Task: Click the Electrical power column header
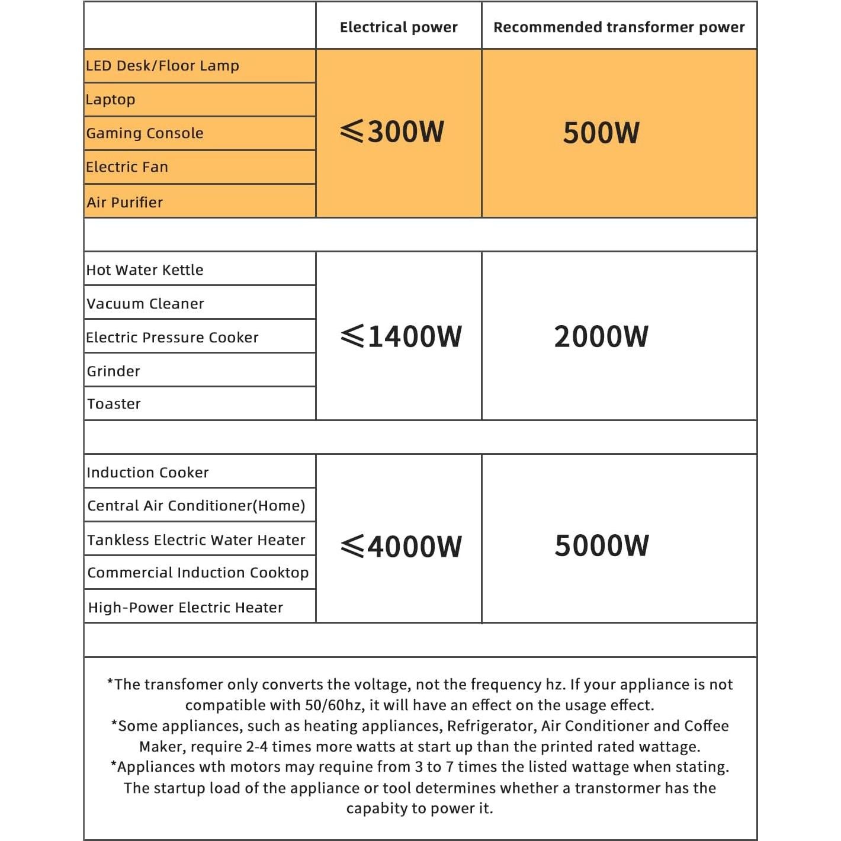coord(399,27)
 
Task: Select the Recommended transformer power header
coord(619,27)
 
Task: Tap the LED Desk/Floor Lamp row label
coord(162,66)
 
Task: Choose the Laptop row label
coord(111,99)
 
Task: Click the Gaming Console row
coord(145,133)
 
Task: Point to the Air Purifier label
coord(124,203)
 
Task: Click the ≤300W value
coord(393,131)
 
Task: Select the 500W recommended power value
coord(601,133)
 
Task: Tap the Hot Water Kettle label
coord(145,270)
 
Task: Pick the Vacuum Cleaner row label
coord(145,304)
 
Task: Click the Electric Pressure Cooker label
coord(172,338)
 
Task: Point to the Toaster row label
coord(114,404)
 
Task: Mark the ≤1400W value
coord(401,336)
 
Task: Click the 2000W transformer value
coord(601,336)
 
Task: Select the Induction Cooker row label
coord(147,473)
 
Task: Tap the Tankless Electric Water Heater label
coord(196,540)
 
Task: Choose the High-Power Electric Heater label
coord(185,608)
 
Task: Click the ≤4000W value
coord(401,546)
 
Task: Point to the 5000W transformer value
coord(602,545)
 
